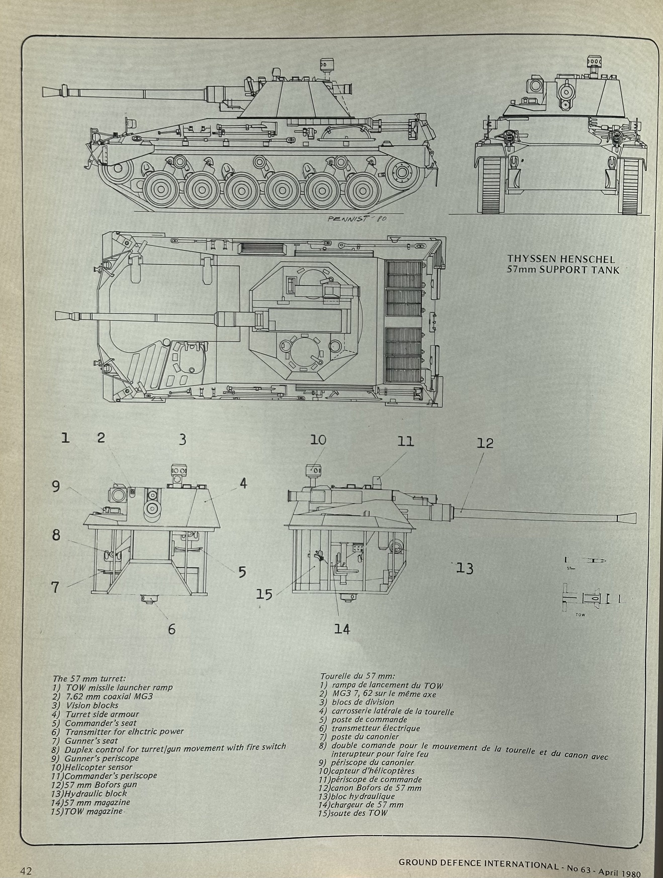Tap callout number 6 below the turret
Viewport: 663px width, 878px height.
(x=171, y=629)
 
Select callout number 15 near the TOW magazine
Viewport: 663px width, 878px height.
(x=264, y=594)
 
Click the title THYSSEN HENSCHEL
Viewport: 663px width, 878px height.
(x=561, y=260)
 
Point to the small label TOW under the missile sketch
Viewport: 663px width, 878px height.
(x=580, y=615)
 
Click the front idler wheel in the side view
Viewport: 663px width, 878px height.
(x=118, y=171)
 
